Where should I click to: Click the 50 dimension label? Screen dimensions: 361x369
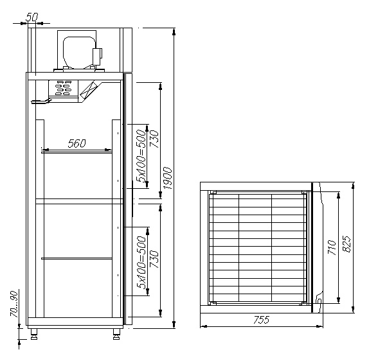point(33,15)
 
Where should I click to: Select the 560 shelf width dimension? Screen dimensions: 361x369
point(76,144)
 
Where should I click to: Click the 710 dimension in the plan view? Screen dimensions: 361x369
point(332,247)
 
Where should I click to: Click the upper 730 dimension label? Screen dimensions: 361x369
point(154,139)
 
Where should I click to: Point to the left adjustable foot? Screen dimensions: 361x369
point(33,333)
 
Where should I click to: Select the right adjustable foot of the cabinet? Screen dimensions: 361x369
point(116,333)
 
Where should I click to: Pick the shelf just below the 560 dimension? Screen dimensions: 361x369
point(76,152)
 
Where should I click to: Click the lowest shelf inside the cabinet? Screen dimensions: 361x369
point(76,258)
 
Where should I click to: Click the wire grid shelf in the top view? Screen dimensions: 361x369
point(256,247)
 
